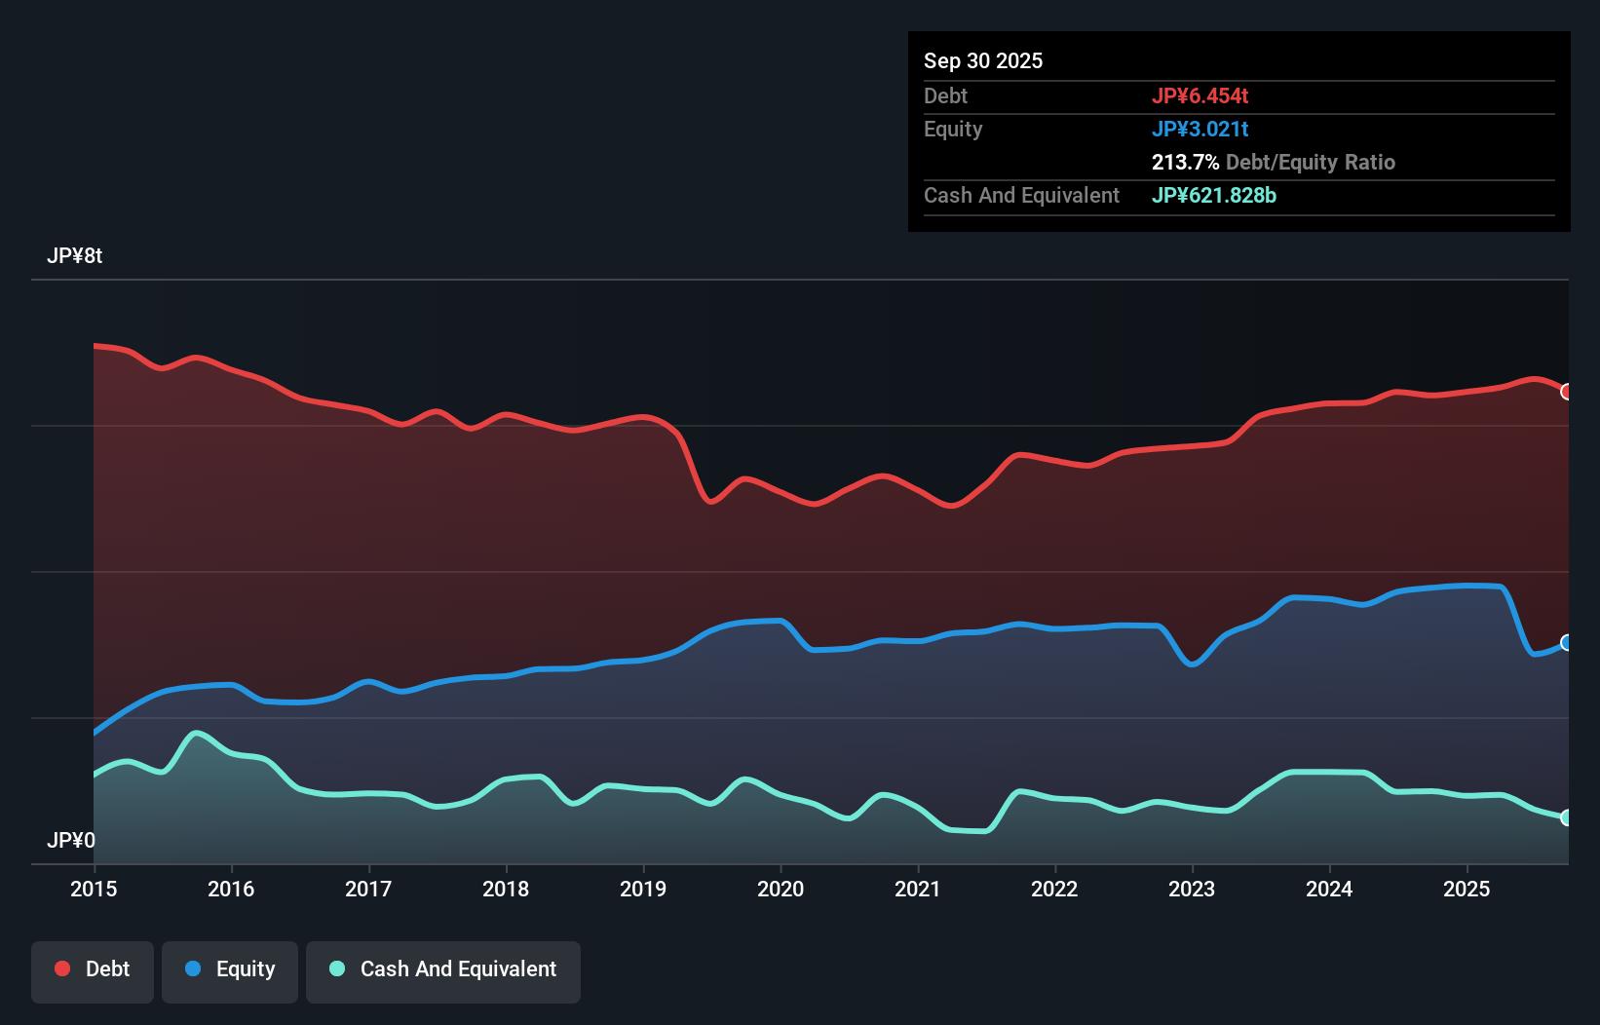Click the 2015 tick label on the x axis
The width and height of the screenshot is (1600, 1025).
click(x=94, y=889)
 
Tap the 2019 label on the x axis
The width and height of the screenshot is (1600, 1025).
click(x=643, y=889)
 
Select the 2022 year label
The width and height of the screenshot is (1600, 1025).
click(x=1054, y=889)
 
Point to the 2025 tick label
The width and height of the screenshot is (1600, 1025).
click(x=1467, y=889)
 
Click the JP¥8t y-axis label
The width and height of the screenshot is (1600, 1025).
click(x=74, y=256)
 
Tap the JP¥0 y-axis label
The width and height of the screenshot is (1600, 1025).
click(x=70, y=840)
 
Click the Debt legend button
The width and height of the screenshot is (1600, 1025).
click(x=93, y=969)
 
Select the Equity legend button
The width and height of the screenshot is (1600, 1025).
click(x=230, y=969)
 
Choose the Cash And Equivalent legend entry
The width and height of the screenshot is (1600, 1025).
click(x=443, y=969)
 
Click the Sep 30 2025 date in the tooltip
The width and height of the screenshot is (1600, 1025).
click(x=983, y=60)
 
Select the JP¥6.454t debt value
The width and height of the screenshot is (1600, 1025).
click(x=1200, y=95)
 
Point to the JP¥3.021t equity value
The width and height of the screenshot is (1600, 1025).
click(x=1200, y=129)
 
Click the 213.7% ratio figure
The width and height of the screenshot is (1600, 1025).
click(x=1185, y=162)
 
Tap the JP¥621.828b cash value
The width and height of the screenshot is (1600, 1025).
click(x=1213, y=195)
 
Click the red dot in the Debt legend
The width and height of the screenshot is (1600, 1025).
click(x=62, y=968)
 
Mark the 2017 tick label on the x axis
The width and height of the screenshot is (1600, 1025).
click(x=368, y=889)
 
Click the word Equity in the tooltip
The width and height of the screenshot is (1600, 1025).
click(x=953, y=129)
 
